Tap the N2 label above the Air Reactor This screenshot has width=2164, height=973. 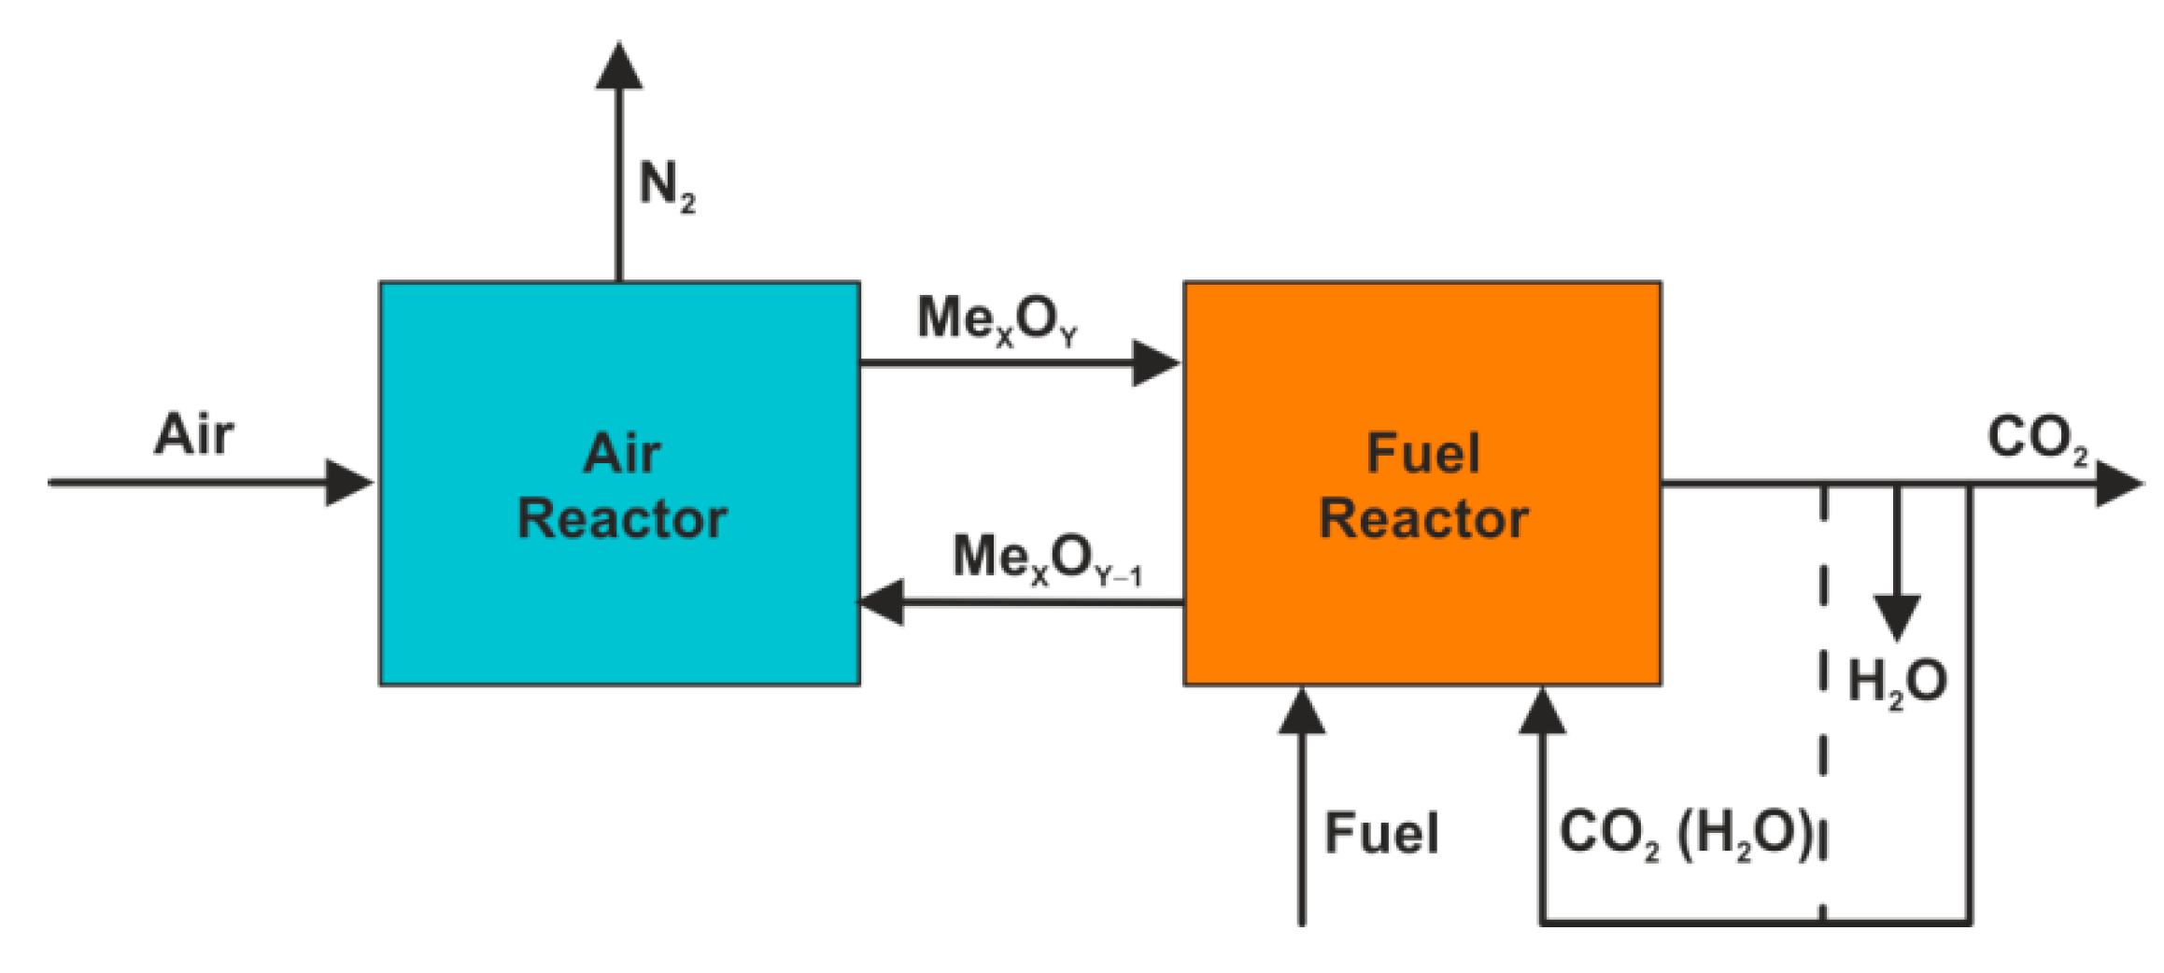click(666, 186)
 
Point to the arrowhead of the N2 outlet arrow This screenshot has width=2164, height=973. click(619, 67)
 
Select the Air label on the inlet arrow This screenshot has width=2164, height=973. click(193, 434)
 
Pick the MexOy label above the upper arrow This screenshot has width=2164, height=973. click(997, 320)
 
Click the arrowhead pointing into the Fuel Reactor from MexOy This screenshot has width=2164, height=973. click(1155, 362)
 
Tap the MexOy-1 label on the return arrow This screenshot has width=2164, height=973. click(1046, 558)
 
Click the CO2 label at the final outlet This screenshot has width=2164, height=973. click(2036, 438)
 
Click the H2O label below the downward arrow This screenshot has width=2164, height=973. click(1897, 682)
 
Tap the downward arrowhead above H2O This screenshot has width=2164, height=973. click(1897, 616)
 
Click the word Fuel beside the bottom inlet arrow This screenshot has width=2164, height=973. click(1381, 833)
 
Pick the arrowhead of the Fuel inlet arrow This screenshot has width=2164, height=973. click(1302, 712)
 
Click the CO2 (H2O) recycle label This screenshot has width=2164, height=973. click(1686, 833)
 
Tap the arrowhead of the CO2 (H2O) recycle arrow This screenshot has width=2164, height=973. click(1543, 712)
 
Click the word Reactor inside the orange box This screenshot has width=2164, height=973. click(1422, 519)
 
